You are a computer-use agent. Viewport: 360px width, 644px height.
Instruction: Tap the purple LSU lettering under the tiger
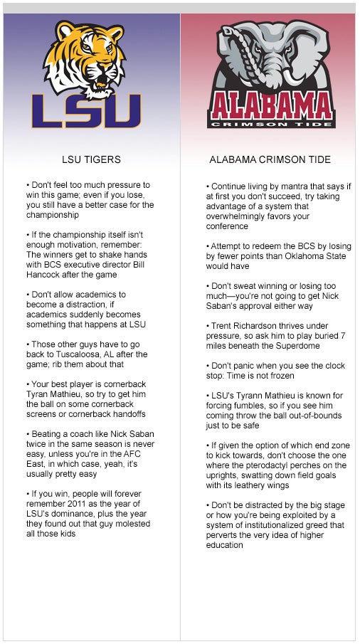coord(86,112)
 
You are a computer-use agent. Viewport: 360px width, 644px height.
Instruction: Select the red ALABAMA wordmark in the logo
coord(271,107)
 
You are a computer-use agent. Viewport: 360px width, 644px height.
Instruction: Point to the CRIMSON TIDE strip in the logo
coord(271,124)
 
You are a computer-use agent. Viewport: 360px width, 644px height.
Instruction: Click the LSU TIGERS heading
coord(91,159)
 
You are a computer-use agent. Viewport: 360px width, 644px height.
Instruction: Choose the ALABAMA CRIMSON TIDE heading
coord(270,159)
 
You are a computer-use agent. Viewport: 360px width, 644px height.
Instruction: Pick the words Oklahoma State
coord(314,256)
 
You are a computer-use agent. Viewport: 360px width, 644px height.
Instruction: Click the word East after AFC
coord(39,454)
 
